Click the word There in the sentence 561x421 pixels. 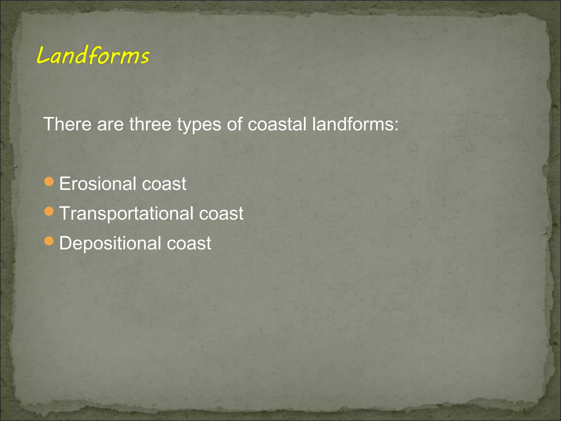coord(67,124)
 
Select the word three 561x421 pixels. coord(150,124)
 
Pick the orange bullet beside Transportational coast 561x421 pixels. coord(49,211)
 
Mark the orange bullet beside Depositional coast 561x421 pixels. coord(49,241)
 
